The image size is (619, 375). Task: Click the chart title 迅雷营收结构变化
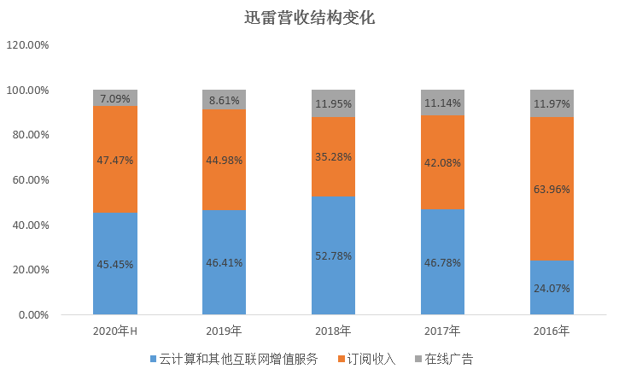308,16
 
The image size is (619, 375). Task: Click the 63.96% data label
552,189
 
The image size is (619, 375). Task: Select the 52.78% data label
333,255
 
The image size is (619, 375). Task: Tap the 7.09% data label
115,97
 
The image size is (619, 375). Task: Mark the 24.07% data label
552,287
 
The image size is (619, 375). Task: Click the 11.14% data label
442,102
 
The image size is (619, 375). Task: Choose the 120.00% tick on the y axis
27,45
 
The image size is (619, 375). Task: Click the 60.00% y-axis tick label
31,180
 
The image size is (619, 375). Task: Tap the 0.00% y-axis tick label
33,315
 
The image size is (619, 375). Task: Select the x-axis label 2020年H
115,331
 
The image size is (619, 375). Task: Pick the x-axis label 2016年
552,331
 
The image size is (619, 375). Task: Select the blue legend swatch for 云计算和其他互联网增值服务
153,360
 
